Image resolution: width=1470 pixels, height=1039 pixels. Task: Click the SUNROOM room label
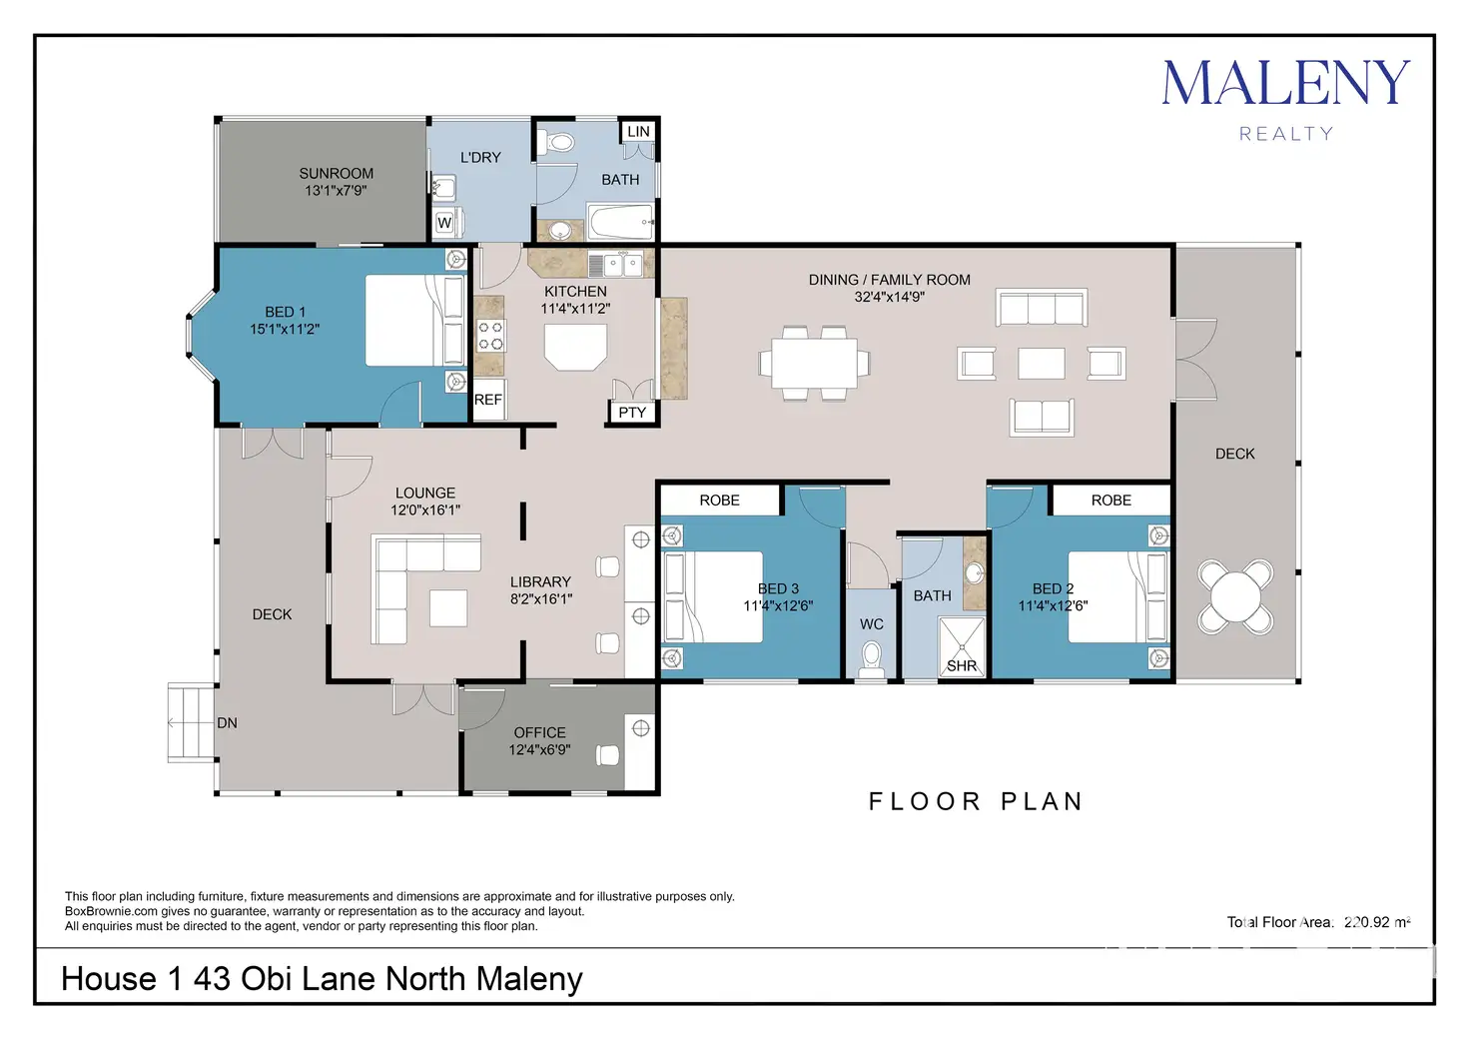(336, 173)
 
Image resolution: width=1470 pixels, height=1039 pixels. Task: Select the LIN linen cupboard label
(638, 131)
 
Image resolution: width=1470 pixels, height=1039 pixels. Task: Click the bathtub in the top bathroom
(621, 222)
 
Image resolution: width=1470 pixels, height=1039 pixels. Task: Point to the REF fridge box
(488, 399)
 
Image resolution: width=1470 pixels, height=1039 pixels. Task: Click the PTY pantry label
(632, 413)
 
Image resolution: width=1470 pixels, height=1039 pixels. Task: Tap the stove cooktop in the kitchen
(490, 336)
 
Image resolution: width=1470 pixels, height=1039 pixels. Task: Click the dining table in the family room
(815, 363)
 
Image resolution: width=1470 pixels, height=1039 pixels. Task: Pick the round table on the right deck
(1235, 597)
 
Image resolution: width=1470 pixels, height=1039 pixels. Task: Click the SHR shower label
(962, 665)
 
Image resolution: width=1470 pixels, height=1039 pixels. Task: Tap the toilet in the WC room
(872, 659)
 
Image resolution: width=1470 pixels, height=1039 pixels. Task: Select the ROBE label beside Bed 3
(719, 501)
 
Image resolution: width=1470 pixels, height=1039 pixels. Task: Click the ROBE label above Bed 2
(1111, 501)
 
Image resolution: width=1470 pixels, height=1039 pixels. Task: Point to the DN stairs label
(227, 722)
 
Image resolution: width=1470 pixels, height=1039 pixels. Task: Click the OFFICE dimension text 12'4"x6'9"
(539, 749)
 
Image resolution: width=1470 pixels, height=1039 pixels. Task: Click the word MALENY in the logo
(1286, 83)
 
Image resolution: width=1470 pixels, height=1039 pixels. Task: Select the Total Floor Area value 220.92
(1367, 922)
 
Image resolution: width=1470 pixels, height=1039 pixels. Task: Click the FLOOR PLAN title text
(976, 801)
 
